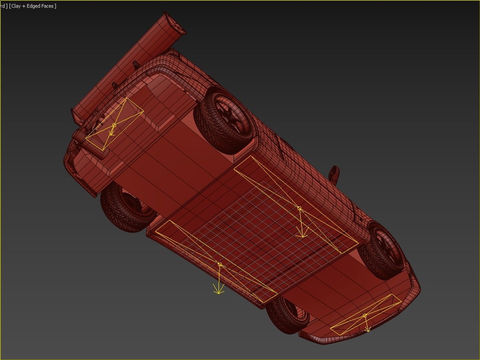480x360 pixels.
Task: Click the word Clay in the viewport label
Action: point(16,6)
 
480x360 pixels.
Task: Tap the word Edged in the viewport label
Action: point(33,6)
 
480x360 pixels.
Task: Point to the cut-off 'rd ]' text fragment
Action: point(4,6)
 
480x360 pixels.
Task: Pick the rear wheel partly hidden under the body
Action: point(127,207)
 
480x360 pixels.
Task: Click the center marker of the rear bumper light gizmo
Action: point(114,125)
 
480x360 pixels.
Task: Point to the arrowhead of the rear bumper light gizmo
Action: point(112,134)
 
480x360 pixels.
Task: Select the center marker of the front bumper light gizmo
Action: point(365,315)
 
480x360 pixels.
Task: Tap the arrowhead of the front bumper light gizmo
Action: point(368,330)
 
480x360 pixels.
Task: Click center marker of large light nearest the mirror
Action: point(299,208)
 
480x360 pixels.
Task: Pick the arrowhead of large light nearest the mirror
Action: point(303,236)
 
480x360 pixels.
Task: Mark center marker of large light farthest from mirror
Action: point(219,264)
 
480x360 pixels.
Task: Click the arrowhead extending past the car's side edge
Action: point(218,292)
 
